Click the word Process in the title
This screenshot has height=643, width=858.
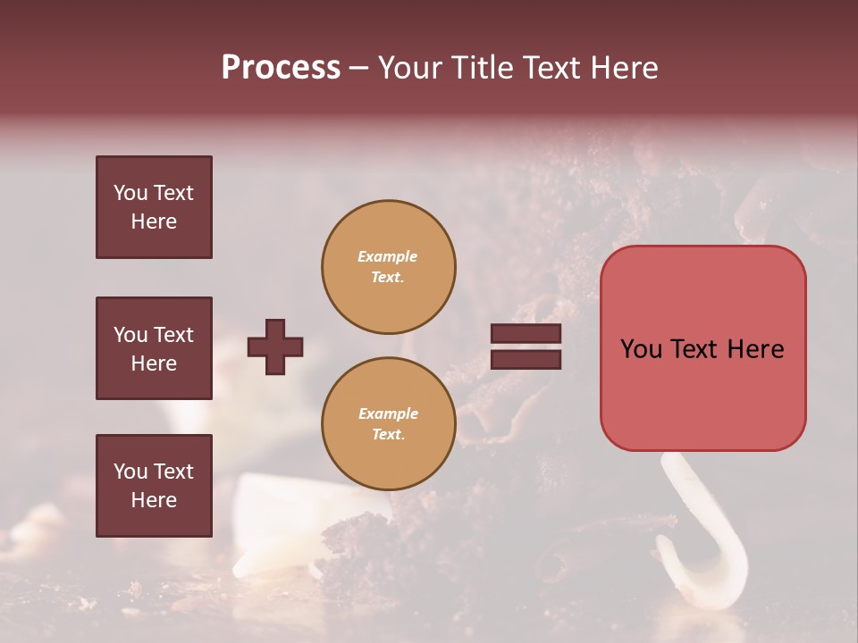click(281, 68)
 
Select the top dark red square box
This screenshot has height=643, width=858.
click(154, 207)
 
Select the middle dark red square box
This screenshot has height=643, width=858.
click(154, 348)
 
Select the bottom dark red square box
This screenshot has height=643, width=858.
click(154, 486)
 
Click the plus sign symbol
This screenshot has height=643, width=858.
click(275, 347)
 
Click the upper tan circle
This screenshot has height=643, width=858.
click(389, 266)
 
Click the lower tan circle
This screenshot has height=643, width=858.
click(389, 423)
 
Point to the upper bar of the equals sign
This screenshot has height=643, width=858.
click(526, 334)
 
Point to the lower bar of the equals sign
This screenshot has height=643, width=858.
click(526, 360)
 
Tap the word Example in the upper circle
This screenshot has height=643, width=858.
click(387, 256)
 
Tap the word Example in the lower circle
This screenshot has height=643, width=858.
click(388, 413)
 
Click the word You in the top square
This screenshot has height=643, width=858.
click(130, 193)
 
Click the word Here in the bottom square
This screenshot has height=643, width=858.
click(154, 500)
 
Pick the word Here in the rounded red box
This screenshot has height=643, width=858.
click(755, 349)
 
